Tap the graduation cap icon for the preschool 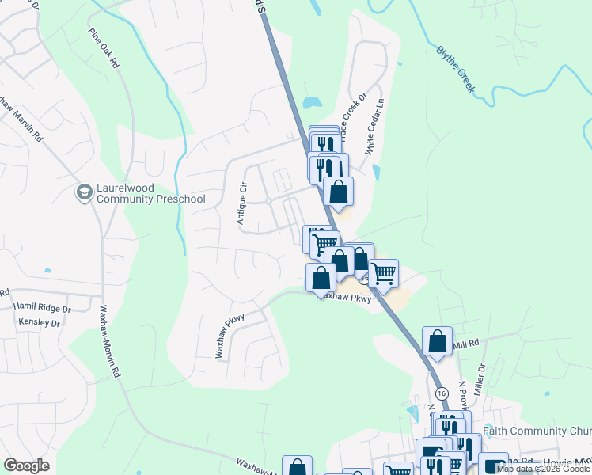(x=84, y=192)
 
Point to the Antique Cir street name (x=242, y=203)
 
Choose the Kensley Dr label (x=40, y=322)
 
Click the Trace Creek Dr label (x=351, y=119)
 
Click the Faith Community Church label (x=547, y=431)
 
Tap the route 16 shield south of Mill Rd (x=441, y=393)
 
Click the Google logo (x=26, y=465)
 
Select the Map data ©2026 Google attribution (x=543, y=469)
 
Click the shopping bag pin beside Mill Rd (x=437, y=341)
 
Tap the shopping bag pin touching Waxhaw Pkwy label (x=321, y=278)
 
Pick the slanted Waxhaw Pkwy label (x=230, y=336)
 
